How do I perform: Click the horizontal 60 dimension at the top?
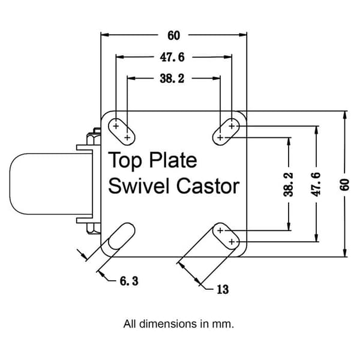coord(173,36)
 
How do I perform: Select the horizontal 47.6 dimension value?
coord(172,58)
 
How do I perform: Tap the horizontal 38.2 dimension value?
coord(172,79)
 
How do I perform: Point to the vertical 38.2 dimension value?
coord(289,184)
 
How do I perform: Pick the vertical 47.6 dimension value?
coord(316,184)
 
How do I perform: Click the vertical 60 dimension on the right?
coord(344,184)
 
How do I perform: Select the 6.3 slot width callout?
coord(129,281)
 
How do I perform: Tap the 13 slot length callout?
coord(223,289)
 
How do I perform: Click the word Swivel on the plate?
coord(140,186)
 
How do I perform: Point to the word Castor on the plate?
coord(208,186)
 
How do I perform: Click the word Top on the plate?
coord(125,161)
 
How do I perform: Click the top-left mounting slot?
coord(121,132)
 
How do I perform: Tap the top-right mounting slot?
coord(226,132)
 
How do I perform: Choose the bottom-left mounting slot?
coord(121,236)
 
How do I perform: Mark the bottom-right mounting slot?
coord(226,236)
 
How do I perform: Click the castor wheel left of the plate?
coord(51,184)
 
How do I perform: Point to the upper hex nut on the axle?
coord(94,137)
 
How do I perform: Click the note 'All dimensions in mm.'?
coord(179,324)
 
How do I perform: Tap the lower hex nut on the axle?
coord(94,228)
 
